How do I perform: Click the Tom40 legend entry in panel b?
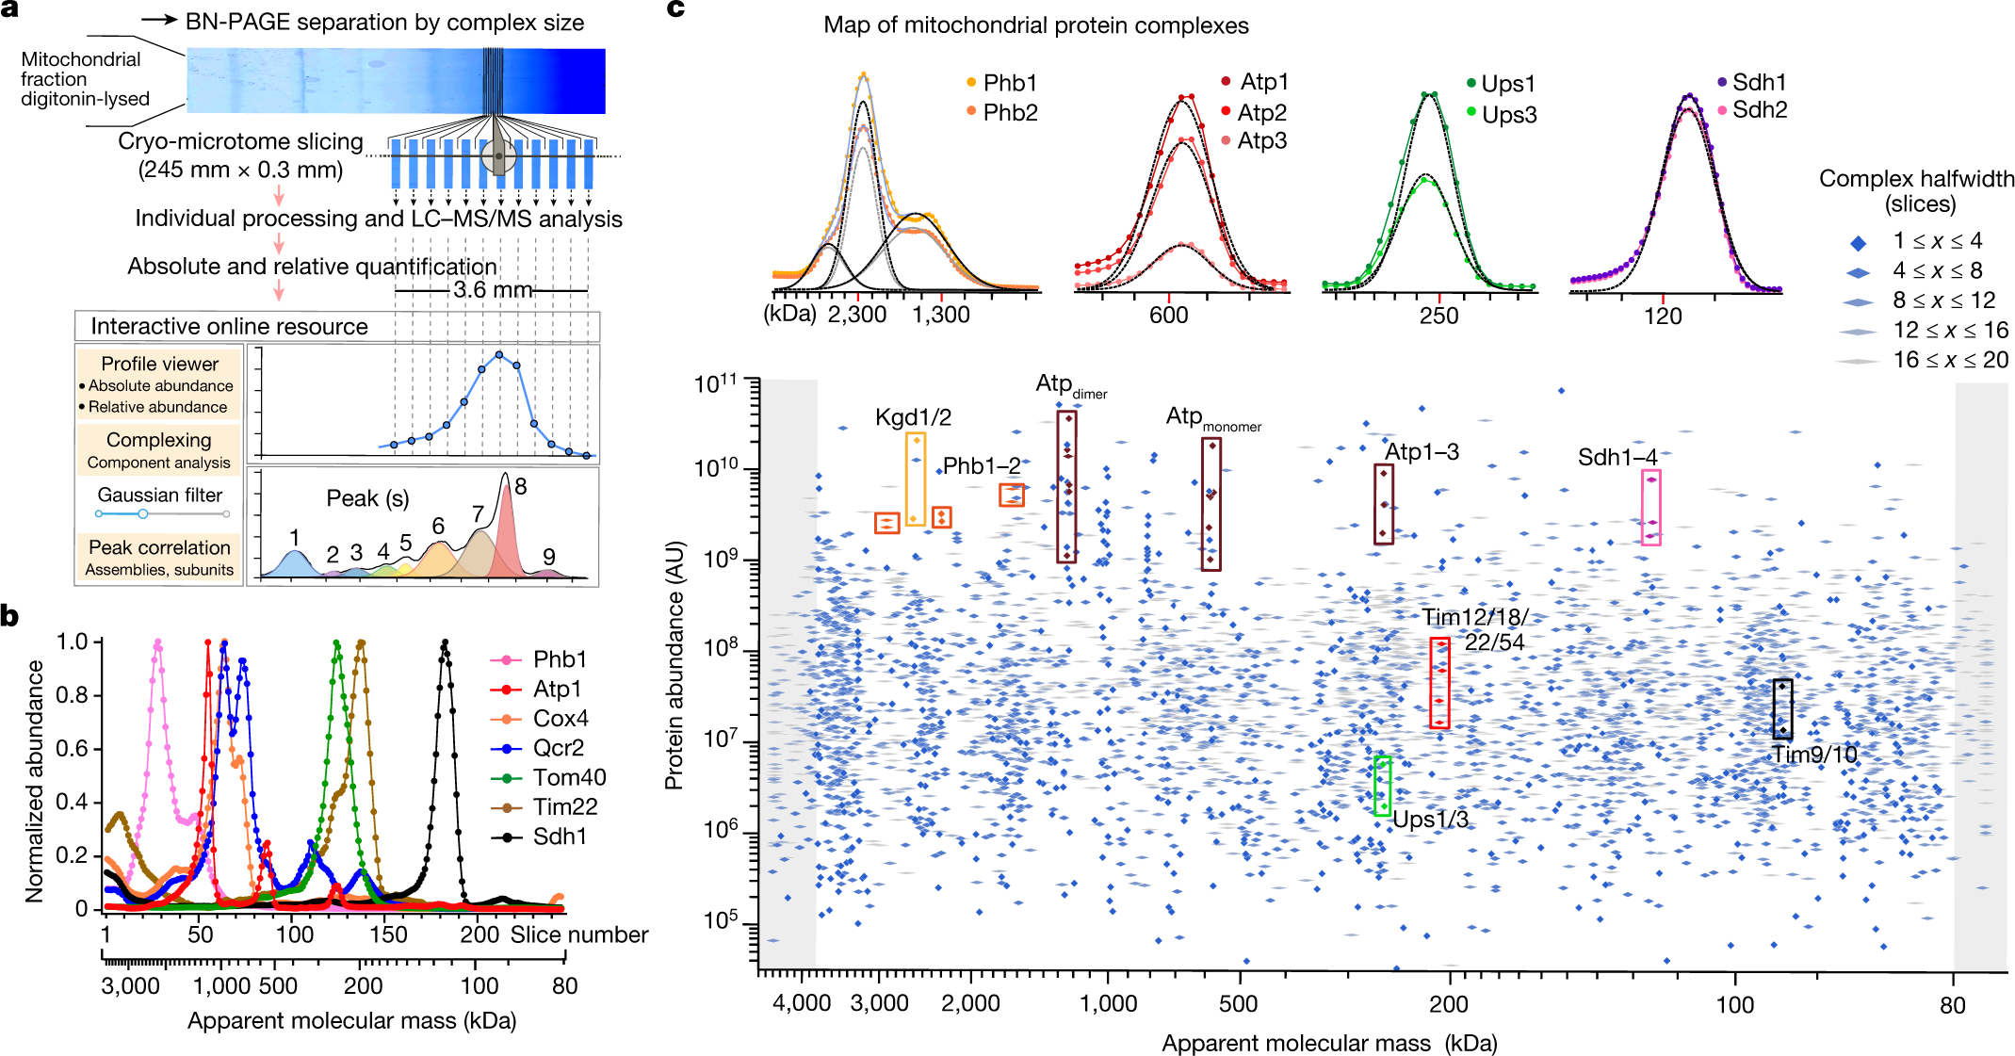pyautogui.click(x=548, y=777)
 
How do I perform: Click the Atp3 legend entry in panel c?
pyautogui.click(x=1254, y=140)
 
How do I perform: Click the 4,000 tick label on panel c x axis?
pyautogui.click(x=802, y=1003)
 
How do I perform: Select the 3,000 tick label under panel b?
pyautogui.click(x=130, y=986)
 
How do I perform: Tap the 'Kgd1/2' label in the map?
pyautogui.click(x=913, y=417)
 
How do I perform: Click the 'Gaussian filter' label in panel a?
pyautogui.click(x=160, y=495)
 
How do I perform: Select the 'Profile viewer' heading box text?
pyautogui.click(x=160, y=364)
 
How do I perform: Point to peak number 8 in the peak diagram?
pyautogui.click(x=521, y=486)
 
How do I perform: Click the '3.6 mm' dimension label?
pyautogui.click(x=493, y=289)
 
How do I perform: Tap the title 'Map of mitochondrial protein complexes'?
pyautogui.click(x=1036, y=25)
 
